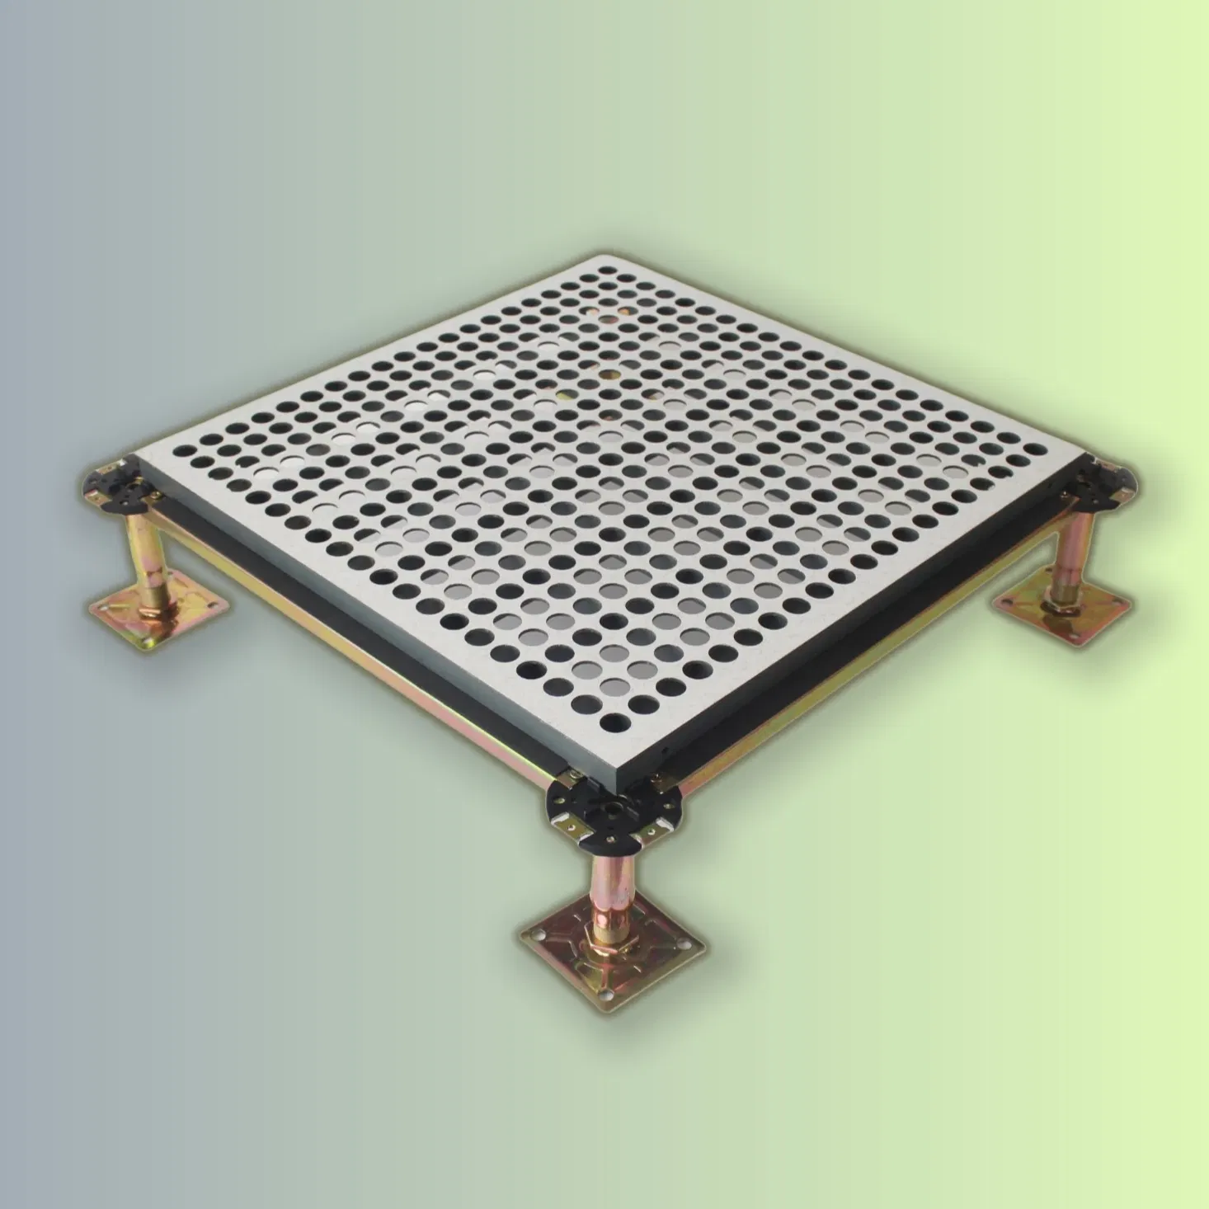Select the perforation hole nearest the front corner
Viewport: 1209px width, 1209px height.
tap(617, 723)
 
